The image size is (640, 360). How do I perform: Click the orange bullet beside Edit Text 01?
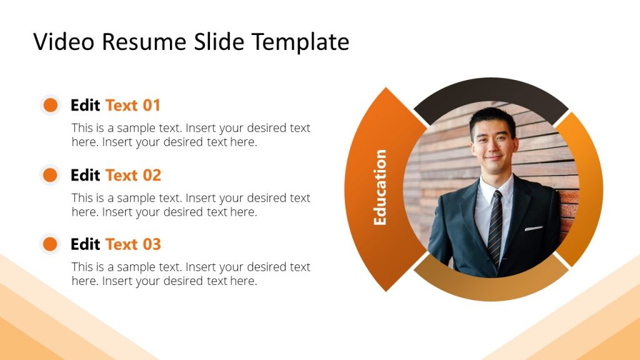pyautogui.click(x=51, y=105)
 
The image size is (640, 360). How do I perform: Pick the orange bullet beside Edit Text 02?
pyautogui.click(x=51, y=175)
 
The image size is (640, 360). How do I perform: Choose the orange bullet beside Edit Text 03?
pyautogui.click(x=51, y=244)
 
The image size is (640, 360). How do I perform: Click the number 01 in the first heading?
pyautogui.click(x=152, y=105)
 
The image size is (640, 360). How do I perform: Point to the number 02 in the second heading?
pyautogui.click(x=152, y=175)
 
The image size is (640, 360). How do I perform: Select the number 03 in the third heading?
pyautogui.click(x=152, y=244)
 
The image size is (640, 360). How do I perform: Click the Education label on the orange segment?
pyautogui.click(x=380, y=187)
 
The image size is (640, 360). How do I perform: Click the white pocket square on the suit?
pyautogui.click(x=533, y=228)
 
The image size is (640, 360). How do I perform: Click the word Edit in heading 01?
pyautogui.click(x=86, y=105)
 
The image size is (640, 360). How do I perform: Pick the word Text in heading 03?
pyautogui.click(x=122, y=244)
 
